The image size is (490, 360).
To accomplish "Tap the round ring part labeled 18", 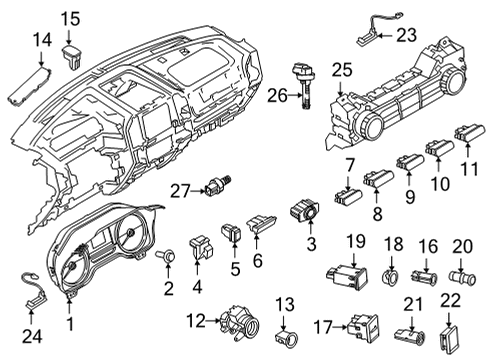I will click(x=390, y=276).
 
